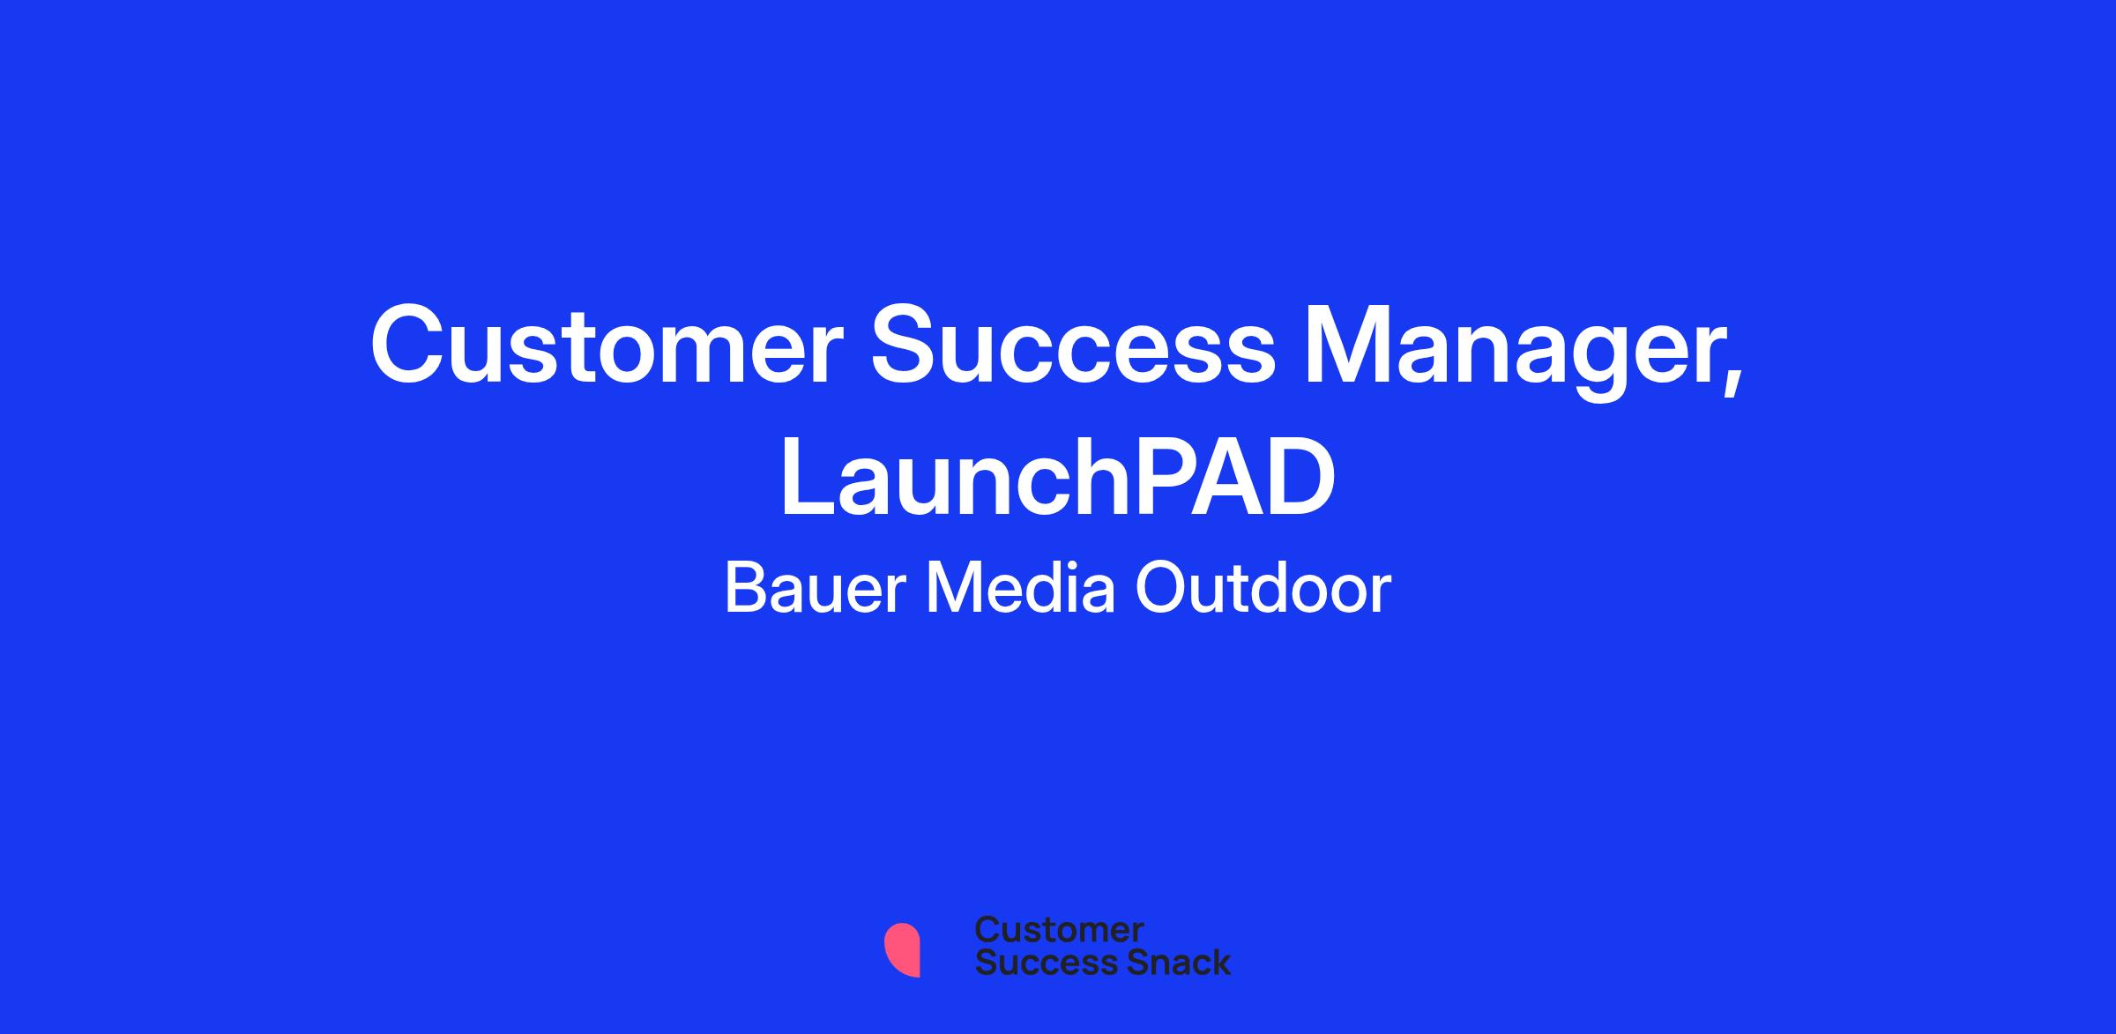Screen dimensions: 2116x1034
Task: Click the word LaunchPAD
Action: (1058, 478)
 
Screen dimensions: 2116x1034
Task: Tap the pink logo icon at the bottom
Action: (902, 949)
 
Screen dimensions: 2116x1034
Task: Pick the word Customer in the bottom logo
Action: (1059, 930)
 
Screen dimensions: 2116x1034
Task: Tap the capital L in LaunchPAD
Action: (808, 478)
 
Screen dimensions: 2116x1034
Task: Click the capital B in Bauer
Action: (746, 588)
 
